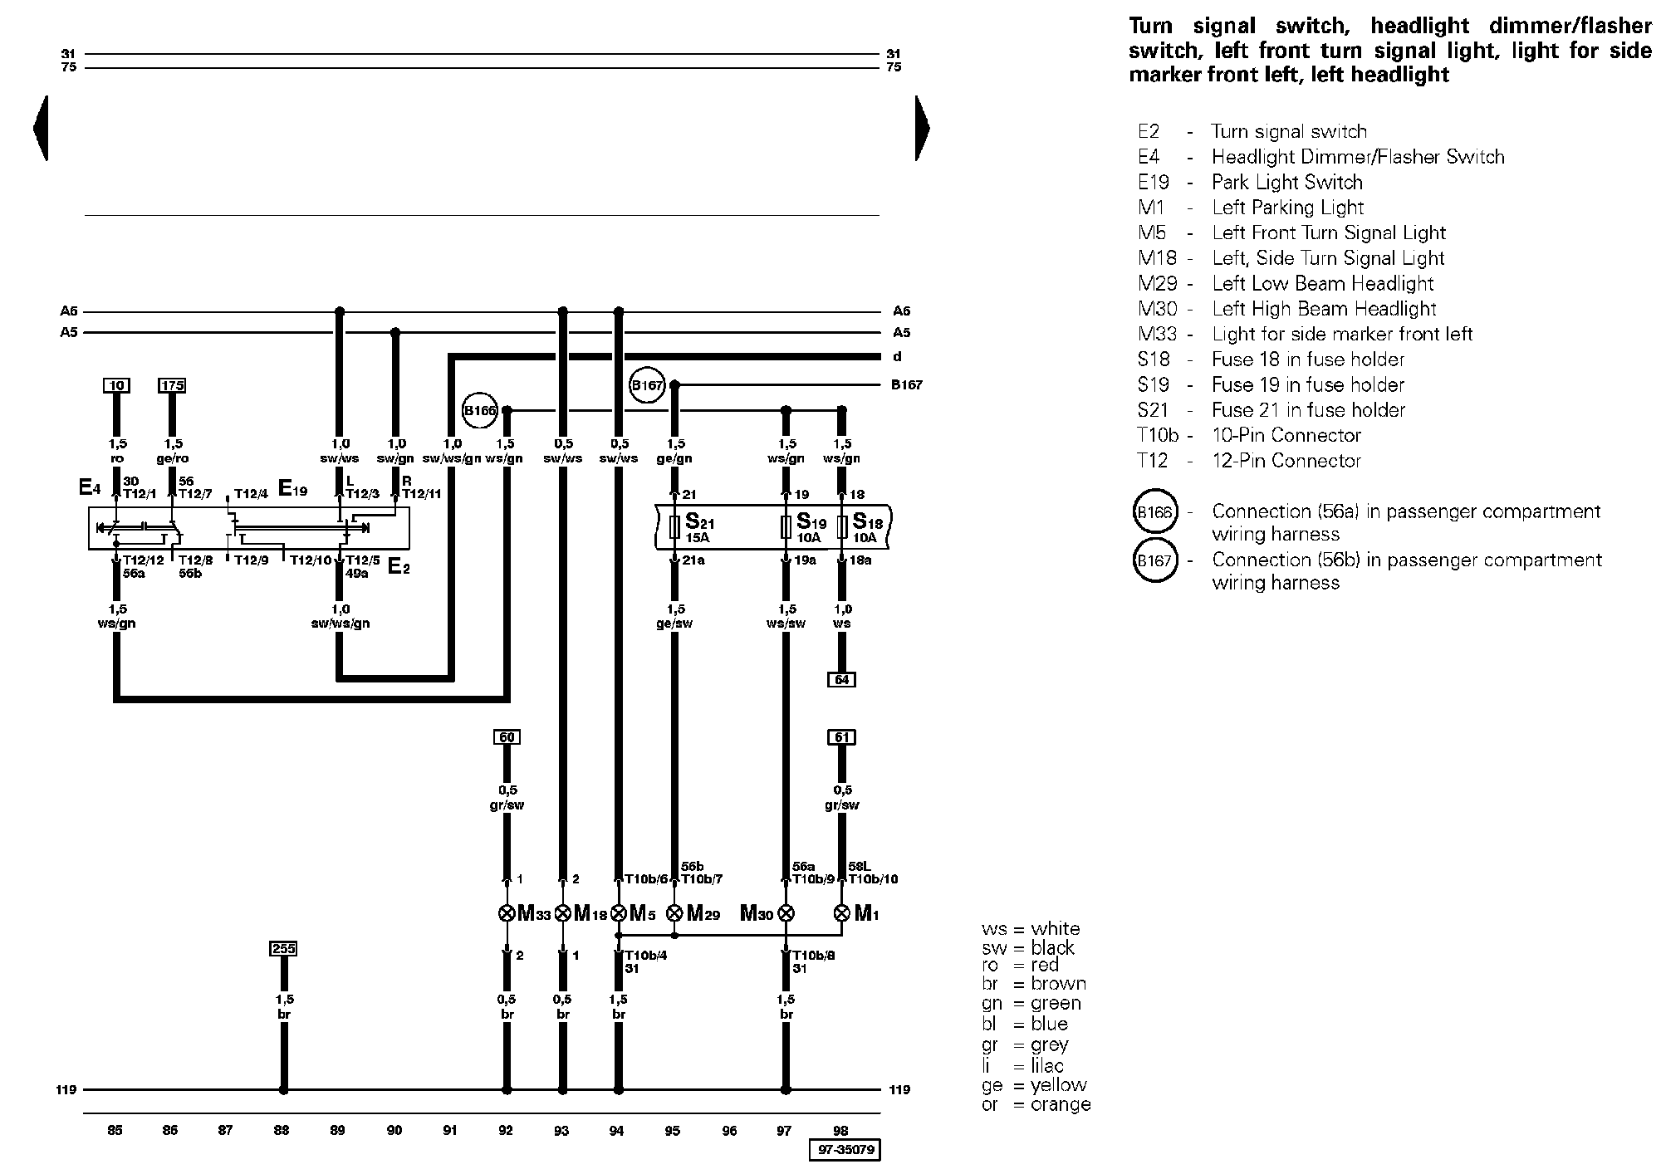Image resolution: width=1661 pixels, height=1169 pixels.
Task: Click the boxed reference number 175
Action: point(172,385)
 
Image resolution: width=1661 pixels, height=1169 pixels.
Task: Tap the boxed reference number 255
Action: point(283,948)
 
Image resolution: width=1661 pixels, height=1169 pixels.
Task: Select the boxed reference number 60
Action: point(507,737)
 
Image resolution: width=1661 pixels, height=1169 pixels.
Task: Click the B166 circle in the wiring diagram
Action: point(479,410)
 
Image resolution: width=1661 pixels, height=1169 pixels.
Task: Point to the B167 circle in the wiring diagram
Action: point(648,385)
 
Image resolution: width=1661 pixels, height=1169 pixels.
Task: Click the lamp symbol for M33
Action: point(507,914)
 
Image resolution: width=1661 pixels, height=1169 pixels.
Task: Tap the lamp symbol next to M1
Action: point(841,914)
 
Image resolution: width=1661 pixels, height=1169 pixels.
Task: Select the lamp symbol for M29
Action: point(674,914)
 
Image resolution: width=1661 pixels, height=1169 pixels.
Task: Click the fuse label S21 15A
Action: point(700,528)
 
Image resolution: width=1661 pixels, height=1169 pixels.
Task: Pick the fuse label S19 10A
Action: point(811,528)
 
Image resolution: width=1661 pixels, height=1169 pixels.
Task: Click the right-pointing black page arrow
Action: point(922,128)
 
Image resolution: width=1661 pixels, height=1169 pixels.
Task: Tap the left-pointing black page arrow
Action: point(41,128)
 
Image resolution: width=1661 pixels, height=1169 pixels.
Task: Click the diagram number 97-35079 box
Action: point(845,1151)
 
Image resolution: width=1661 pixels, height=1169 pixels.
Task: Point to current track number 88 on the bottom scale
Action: point(282,1130)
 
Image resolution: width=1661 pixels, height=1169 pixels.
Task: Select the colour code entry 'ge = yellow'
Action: point(1034,1085)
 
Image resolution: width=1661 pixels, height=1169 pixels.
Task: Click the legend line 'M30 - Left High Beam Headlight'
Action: point(1287,309)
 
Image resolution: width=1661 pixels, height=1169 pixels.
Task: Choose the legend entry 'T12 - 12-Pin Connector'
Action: point(1249,461)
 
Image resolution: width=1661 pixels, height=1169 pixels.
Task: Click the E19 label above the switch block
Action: point(293,489)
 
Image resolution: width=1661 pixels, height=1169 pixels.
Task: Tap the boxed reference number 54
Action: point(841,680)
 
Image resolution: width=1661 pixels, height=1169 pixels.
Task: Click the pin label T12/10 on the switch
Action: point(310,560)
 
